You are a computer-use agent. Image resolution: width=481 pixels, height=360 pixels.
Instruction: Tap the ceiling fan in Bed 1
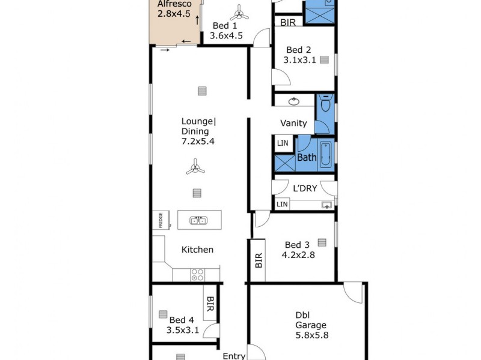pos(239,11)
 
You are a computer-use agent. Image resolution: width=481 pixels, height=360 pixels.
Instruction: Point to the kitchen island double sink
pos(199,220)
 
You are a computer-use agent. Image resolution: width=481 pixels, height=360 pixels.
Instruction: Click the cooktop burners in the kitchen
pos(198,275)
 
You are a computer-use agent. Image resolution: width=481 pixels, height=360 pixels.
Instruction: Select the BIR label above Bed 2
pos(288,23)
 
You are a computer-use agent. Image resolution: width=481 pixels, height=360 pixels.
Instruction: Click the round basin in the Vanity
pos(294,101)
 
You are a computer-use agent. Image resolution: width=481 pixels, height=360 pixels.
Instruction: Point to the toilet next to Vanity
pos(325,106)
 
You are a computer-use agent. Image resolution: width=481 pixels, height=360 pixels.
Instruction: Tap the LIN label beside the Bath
pos(283,143)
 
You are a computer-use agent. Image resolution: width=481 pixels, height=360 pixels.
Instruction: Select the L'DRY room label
pos(305,188)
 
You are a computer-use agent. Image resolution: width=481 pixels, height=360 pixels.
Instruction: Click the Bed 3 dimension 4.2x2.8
pos(298,254)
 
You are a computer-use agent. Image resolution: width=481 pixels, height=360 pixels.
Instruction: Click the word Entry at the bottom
pos(234,356)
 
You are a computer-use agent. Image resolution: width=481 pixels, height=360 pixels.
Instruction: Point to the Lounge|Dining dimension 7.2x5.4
pos(198,142)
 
